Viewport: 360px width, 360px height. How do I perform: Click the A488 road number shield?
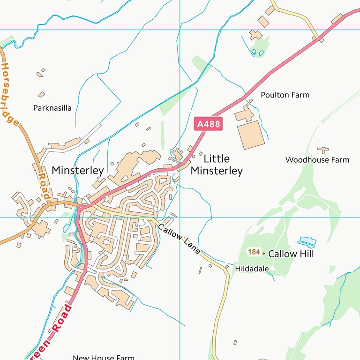tap(207, 124)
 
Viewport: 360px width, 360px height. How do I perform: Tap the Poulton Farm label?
tap(285, 95)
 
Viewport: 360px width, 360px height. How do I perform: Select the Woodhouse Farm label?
tap(317, 160)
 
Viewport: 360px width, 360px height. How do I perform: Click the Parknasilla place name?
tap(52, 108)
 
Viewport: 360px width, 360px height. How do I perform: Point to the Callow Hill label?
tap(291, 254)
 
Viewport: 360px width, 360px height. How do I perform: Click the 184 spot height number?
tap(254, 252)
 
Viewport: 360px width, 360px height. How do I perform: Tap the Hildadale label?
tap(252, 269)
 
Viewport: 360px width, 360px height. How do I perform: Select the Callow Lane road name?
tap(179, 239)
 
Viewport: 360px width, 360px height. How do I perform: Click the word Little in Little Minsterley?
tap(217, 159)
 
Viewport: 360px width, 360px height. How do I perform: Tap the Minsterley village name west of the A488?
tap(77, 170)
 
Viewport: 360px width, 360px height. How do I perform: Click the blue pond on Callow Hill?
tap(307, 242)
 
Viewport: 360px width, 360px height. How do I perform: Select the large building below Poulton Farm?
tap(251, 135)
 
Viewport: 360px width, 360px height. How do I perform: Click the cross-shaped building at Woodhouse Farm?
tap(322, 150)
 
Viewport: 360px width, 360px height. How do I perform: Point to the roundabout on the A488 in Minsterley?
tap(81, 207)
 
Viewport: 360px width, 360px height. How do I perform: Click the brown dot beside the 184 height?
tap(263, 254)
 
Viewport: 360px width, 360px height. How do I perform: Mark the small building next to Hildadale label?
tap(226, 266)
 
